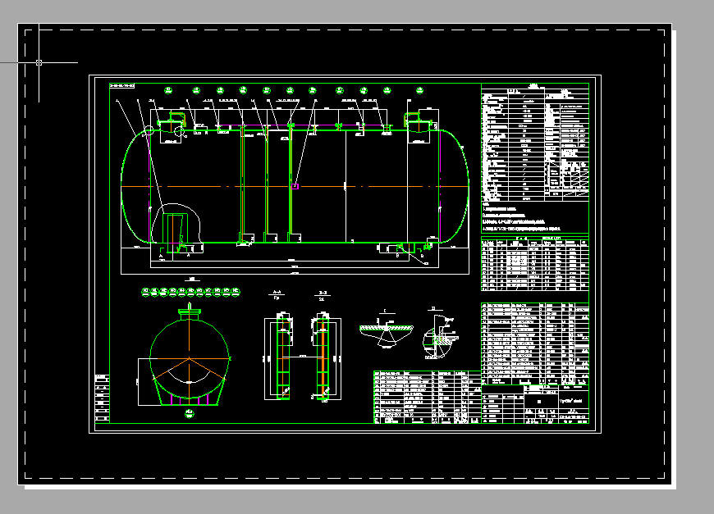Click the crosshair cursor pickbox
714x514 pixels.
click(39, 62)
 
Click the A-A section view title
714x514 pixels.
click(277, 293)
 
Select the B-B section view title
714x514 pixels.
click(323, 293)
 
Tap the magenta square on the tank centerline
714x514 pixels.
click(294, 187)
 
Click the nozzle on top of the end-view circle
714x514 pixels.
click(190, 312)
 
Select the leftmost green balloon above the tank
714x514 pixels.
click(168, 90)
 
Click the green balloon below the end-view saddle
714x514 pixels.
click(190, 414)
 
